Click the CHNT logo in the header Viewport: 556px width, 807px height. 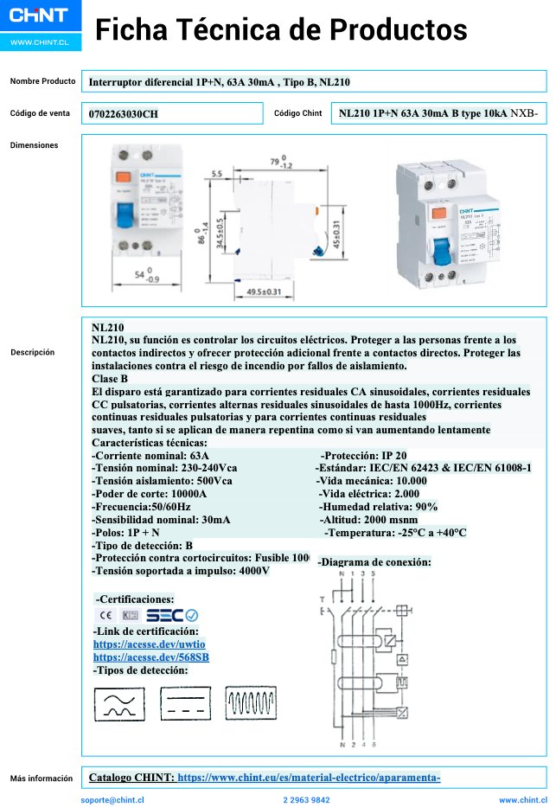[40, 15]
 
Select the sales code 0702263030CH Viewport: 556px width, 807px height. [124, 114]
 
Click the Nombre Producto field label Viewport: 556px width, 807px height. [43, 81]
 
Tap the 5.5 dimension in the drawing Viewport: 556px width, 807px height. [217, 174]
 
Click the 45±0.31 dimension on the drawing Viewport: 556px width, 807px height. [336, 233]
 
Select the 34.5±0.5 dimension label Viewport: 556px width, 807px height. [220, 234]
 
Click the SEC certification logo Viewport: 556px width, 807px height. [172, 616]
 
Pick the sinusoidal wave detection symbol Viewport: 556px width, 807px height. [119, 703]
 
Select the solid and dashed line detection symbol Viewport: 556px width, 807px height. [186, 703]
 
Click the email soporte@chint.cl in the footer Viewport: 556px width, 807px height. [112, 800]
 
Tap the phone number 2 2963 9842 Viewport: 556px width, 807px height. [306, 800]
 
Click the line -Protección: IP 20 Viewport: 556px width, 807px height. [363, 456]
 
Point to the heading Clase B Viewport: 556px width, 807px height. [110, 379]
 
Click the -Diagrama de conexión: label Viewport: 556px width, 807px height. [374, 562]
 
